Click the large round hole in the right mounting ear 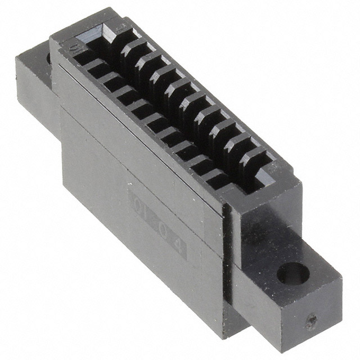(293, 275)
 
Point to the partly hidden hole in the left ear (48, 57)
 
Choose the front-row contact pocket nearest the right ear (217, 179)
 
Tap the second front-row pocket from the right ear (200, 165)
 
